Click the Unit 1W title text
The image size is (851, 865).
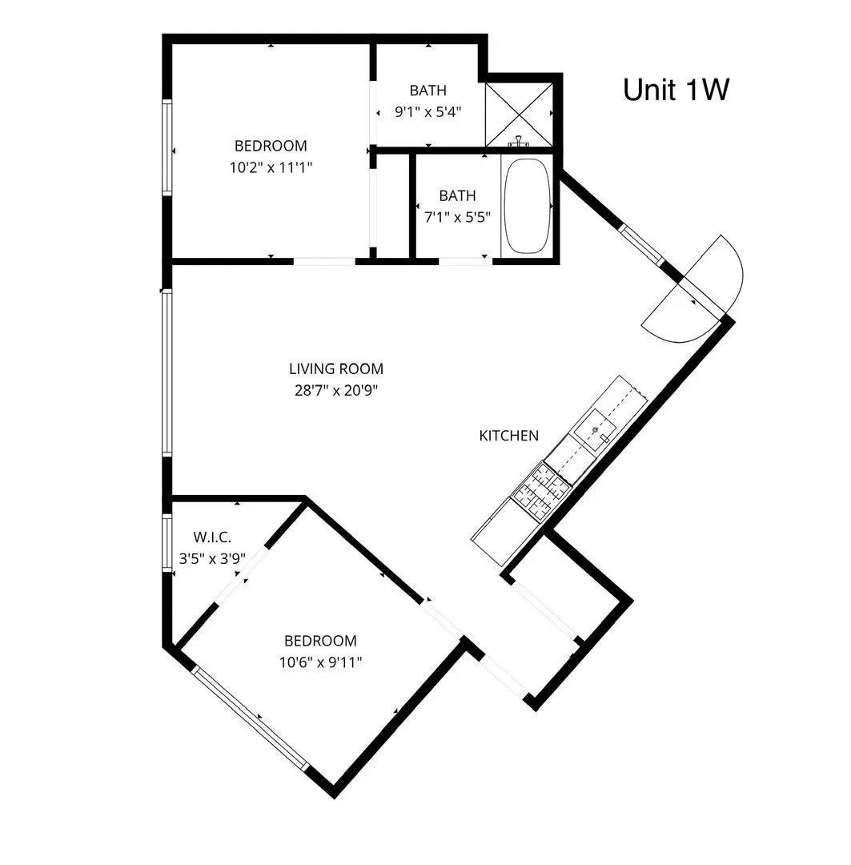point(676,90)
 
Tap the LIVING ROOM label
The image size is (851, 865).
point(336,368)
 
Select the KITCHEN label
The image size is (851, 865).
point(508,436)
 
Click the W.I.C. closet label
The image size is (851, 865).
point(212,537)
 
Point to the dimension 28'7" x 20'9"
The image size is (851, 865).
point(336,391)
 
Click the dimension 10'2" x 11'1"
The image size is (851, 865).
point(271,167)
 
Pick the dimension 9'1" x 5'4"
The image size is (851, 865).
point(428,112)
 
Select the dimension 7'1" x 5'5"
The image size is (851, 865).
point(457,217)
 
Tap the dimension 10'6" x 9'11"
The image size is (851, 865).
point(320,662)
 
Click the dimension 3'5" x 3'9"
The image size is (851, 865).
point(212,559)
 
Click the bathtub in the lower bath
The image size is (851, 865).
point(528,206)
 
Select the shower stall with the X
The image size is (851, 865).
point(519,115)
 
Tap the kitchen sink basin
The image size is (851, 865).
point(595,429)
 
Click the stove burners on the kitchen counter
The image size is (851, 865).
point(541,491)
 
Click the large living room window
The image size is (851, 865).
point(167,373)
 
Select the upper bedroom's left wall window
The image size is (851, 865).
point(167,147)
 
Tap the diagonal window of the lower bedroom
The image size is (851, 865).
point(250,718)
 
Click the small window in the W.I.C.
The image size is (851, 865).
point(167,543)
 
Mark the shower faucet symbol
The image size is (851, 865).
point(518,142)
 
